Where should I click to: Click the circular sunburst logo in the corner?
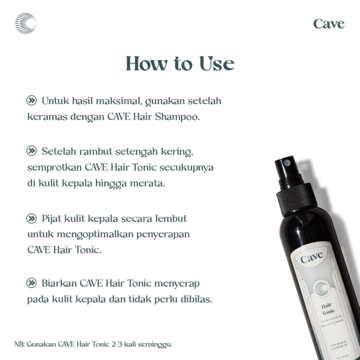point(25,23)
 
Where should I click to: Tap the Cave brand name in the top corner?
point(328,24)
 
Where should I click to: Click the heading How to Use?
point(180,64)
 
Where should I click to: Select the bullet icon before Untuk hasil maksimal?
point(32,101)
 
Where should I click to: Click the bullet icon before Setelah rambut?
point(32,151)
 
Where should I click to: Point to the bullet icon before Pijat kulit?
point(32,218)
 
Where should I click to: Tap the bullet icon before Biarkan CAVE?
point(32,283)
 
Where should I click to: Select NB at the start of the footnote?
point(19,344)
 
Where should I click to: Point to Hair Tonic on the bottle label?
point(328,308)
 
